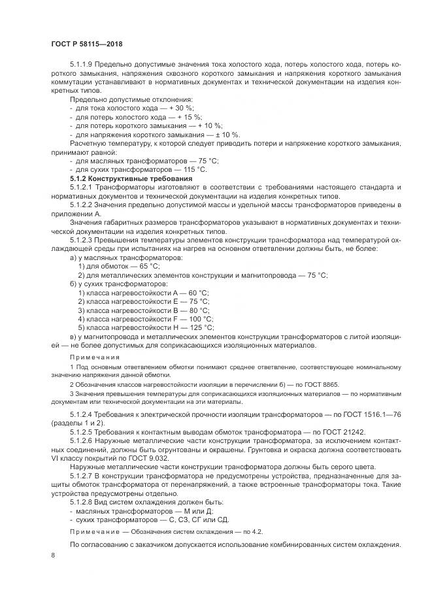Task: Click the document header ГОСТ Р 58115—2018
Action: pyautogui.click(x=86, y=44)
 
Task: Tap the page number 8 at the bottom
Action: pyautogui.click(x=53, y=555)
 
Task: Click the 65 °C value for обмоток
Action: pyautogui.click(x=147, y=267)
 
